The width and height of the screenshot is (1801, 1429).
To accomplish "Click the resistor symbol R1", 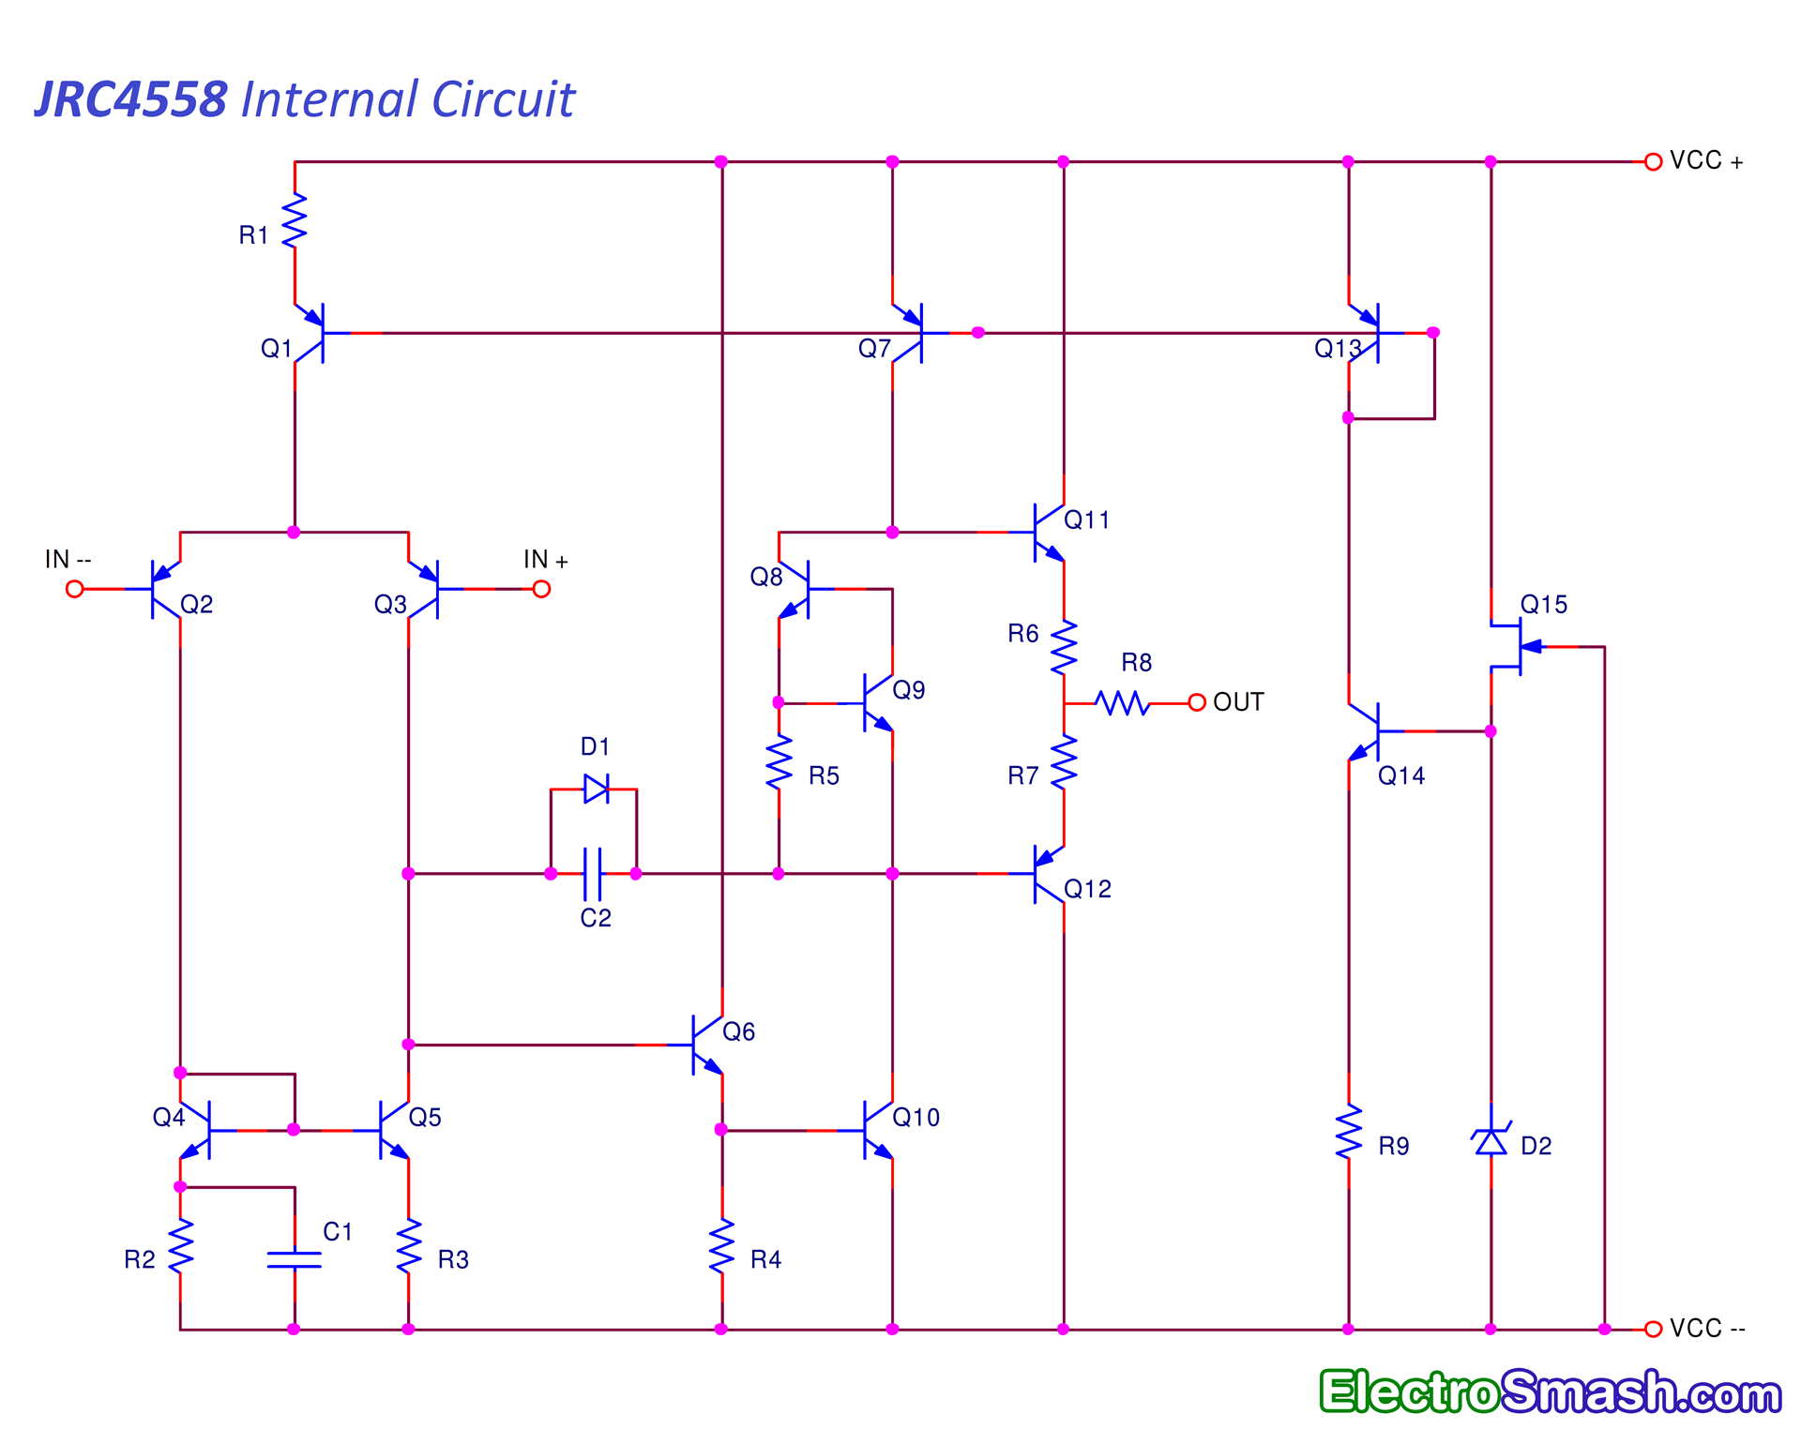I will click(295, 221).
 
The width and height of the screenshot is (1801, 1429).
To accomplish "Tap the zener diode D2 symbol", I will click(1491, 1141).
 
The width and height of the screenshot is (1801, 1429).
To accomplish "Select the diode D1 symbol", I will click(596, 789).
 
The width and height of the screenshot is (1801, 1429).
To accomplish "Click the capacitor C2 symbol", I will click(593, 874).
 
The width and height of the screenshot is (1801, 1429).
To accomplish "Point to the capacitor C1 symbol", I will click(295, 1258).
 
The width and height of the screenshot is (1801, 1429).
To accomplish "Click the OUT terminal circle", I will click(1196, 702).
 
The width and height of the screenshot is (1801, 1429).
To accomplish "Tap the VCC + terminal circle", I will click(1653, 162).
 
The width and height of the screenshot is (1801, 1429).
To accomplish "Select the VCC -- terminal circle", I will click(1653, 1329).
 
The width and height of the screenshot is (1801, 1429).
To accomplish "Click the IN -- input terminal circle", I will click(75, 589).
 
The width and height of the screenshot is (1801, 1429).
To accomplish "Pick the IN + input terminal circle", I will click(541, 589).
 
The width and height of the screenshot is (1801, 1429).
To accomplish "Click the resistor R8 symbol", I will click(1123, 702).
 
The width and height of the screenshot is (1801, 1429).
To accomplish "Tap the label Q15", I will click(1543, 605).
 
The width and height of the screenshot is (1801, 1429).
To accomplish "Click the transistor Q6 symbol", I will click(704, 1044).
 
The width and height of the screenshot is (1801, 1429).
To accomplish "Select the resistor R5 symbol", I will click(779, 761).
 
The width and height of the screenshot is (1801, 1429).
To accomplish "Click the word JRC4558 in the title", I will click(131, 99).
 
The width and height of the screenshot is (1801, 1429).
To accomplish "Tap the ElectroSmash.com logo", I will click(1550, 1391).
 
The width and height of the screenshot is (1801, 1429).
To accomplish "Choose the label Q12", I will click(1087, 889).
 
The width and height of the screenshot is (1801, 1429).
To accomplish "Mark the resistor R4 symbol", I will click(721, 1246).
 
